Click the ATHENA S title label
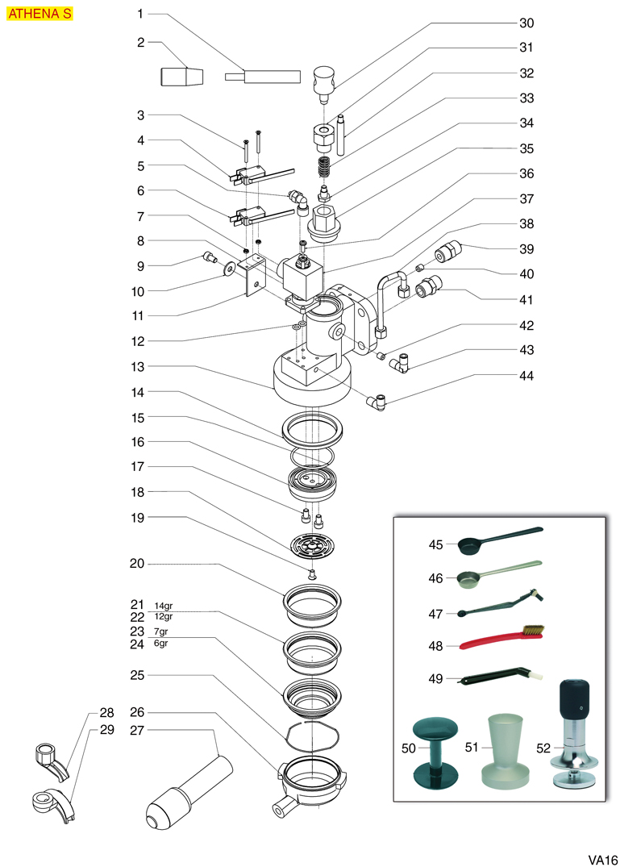tap(40, 14)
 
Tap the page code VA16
tap(601, 858)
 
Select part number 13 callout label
tap(139, 366)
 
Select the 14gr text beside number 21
tap(164, 606)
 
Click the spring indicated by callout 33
tap(322, 169)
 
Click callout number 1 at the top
tap(139, 14)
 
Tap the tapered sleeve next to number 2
tap(181, 77)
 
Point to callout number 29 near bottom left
tap(107, 729)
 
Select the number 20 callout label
tap(137, 564)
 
